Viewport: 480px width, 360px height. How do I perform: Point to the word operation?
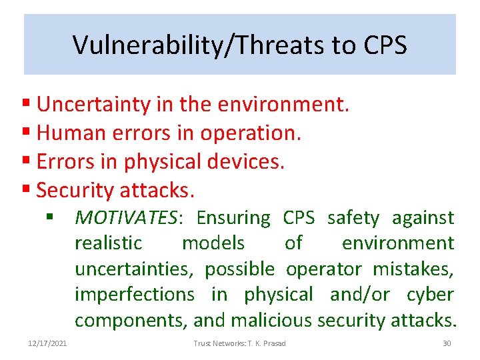pos(260,133)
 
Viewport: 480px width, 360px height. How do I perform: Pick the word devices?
pos(247,162)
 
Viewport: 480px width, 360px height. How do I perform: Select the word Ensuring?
pos(233,218)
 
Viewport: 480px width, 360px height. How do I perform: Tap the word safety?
pos(353,218)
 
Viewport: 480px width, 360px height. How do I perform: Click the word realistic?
pos(108,243)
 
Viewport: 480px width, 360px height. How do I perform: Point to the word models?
pos(213,243)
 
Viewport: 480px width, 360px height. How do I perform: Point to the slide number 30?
pos(447,343)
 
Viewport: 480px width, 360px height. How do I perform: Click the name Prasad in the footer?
pos(274,343)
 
